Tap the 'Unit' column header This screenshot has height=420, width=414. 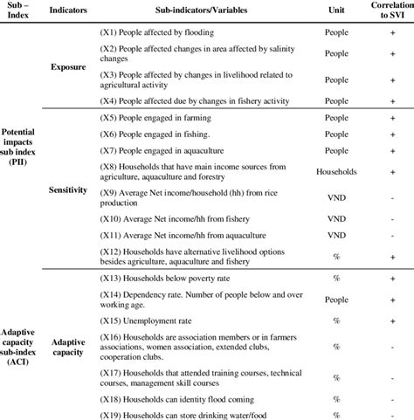336,11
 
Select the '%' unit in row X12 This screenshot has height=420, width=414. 336,257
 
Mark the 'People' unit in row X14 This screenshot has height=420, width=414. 336,300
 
